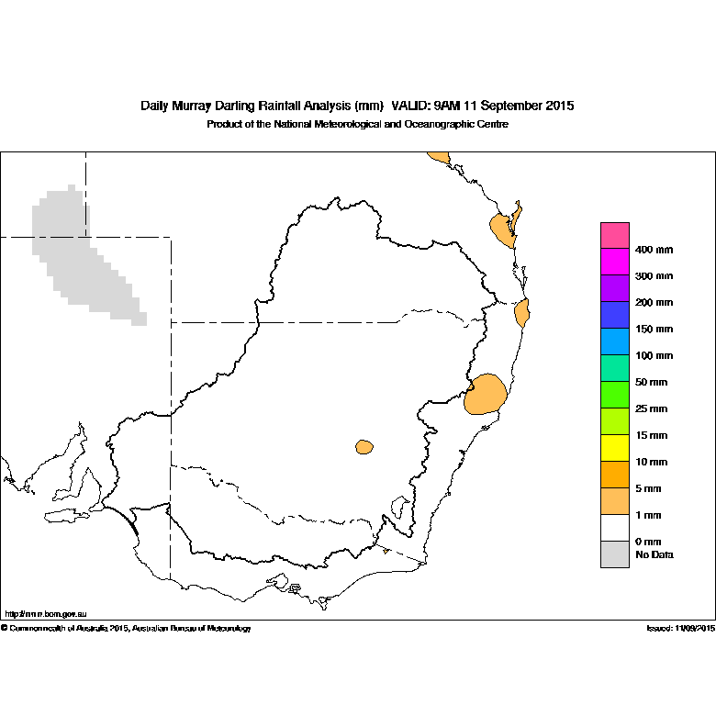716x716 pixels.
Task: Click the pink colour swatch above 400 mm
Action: tap(615, 236)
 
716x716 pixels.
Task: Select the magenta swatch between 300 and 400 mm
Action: tap(615, 262)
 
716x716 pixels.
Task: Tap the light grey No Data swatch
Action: tap(615, 554)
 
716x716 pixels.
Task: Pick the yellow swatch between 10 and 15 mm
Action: tap(615, 448)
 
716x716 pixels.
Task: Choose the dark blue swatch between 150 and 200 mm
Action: tap(615, 315)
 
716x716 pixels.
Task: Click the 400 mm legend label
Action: tap(654, 250)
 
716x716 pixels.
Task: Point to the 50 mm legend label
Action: tap(651, 382)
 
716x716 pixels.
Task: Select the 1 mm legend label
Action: tap(648, 515)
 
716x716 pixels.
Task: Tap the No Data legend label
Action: tap(654, 554)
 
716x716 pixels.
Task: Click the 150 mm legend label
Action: tap(654, 330)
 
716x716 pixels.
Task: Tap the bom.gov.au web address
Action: tap(46, 614)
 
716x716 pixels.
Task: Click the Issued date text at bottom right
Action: tap(681, 628)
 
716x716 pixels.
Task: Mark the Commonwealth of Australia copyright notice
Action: tap(126, 628)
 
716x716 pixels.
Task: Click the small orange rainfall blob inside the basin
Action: tap(364, 447)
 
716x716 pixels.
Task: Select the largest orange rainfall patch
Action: tap(486, 395)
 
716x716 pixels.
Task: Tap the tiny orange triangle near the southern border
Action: tap(386, 551)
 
